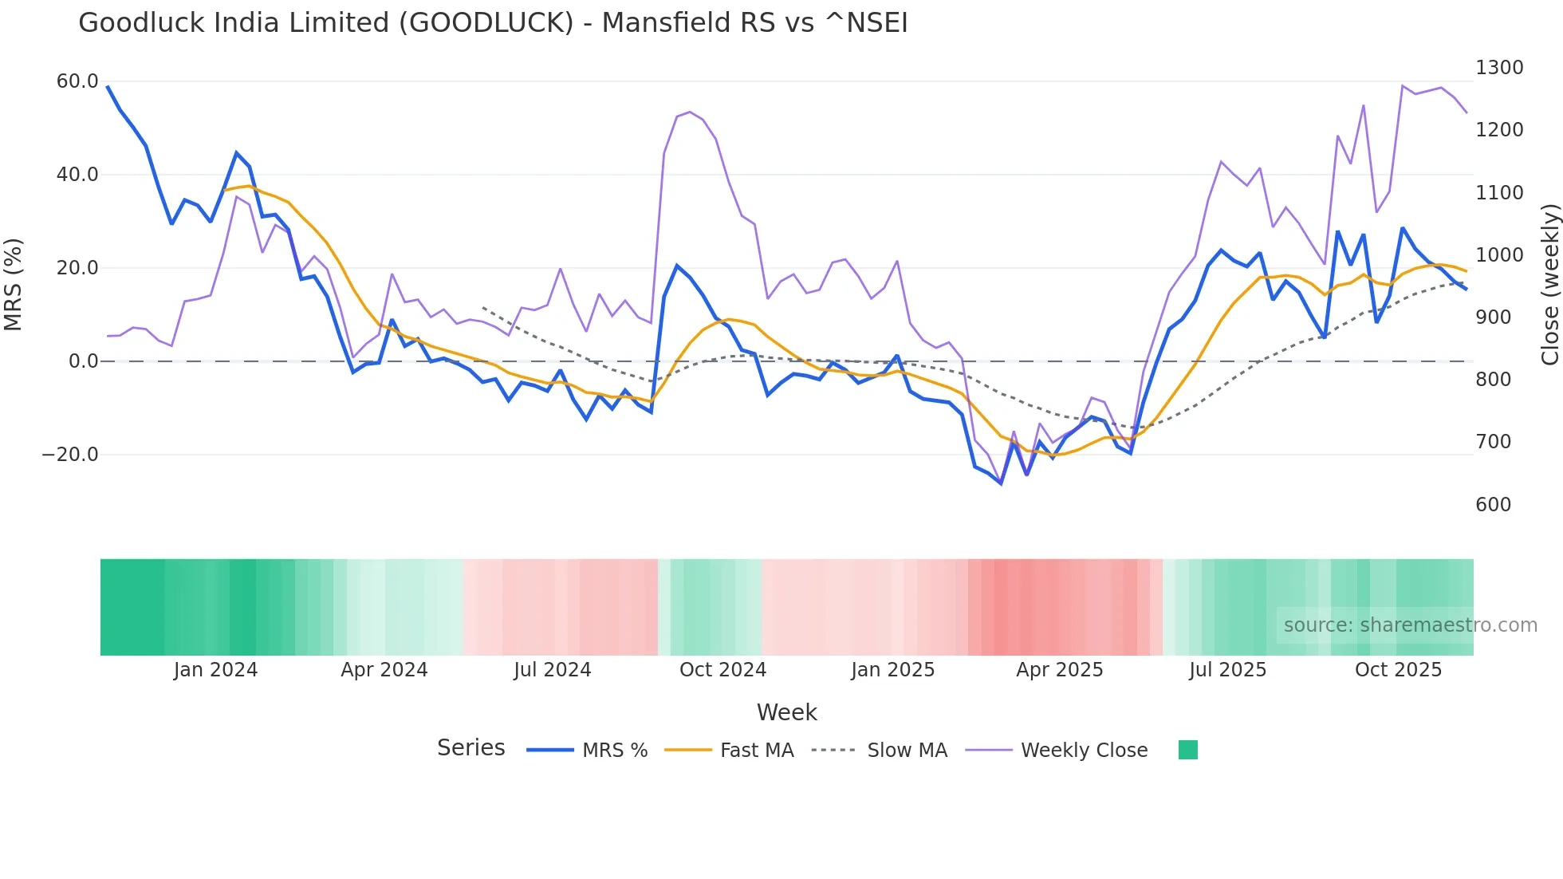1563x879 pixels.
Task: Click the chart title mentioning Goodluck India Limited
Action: pos(493,23)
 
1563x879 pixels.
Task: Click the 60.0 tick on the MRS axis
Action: pos(77,81)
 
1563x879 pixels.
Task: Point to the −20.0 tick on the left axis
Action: pos(70,455)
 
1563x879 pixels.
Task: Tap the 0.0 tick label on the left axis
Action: pos(83,361)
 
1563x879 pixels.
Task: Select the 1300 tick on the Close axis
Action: pos(1499,68)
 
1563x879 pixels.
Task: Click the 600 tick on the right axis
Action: pos(1493,505)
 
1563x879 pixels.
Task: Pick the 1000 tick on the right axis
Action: pos(1499,255)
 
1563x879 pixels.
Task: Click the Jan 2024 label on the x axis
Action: pos(215,670)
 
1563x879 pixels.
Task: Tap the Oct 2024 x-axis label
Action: pos(722,670)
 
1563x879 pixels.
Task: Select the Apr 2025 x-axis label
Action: pos(1059,670)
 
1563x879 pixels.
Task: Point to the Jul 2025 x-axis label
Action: pos(1227,670)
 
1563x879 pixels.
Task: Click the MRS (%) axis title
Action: pos(14,284)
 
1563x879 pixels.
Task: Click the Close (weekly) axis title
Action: pos(1549,285)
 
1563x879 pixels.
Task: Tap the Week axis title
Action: pos(786,712)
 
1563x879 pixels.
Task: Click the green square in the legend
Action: pos(1187,750)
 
